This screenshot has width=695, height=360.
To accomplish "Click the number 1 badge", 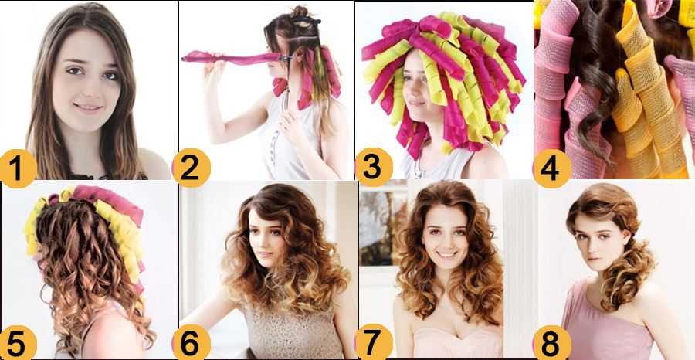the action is (x=17, y=168).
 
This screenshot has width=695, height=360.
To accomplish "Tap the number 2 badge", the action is (x=191, y=168).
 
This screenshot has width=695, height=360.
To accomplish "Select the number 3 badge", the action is (x=374, y=167).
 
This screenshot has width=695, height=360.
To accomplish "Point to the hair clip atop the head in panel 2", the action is (x=306, y=20).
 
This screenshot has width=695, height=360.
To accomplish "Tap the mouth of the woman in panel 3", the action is (x=415, y=103).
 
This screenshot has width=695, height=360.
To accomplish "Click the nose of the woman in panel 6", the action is (x=263, y=243).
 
